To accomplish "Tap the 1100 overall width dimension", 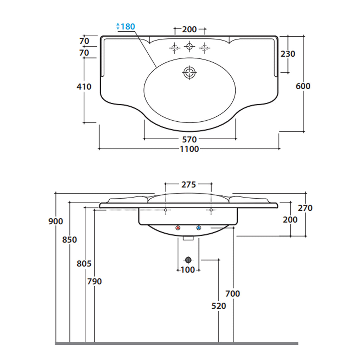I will point(189,149).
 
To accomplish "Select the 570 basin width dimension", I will point(189,140).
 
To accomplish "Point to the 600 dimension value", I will point(303,86).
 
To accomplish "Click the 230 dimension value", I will point(288,54).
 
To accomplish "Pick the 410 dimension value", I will point(84,86).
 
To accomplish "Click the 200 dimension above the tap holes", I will point(189,30).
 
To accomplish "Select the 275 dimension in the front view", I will point(188,184).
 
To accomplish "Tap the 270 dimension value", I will point(305,208).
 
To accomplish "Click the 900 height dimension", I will point(56,221).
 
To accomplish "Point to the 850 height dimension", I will point(70,240).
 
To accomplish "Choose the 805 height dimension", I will point(84,263).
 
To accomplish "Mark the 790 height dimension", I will point(95,281).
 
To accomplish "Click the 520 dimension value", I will point(219,306).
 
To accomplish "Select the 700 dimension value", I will point(233,294).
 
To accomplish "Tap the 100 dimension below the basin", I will point(188,270).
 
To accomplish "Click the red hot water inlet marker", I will point(178,228).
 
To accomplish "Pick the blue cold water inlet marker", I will point(199,228).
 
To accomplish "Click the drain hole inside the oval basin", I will point(189,73).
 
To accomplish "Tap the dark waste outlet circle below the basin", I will point(188,260).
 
